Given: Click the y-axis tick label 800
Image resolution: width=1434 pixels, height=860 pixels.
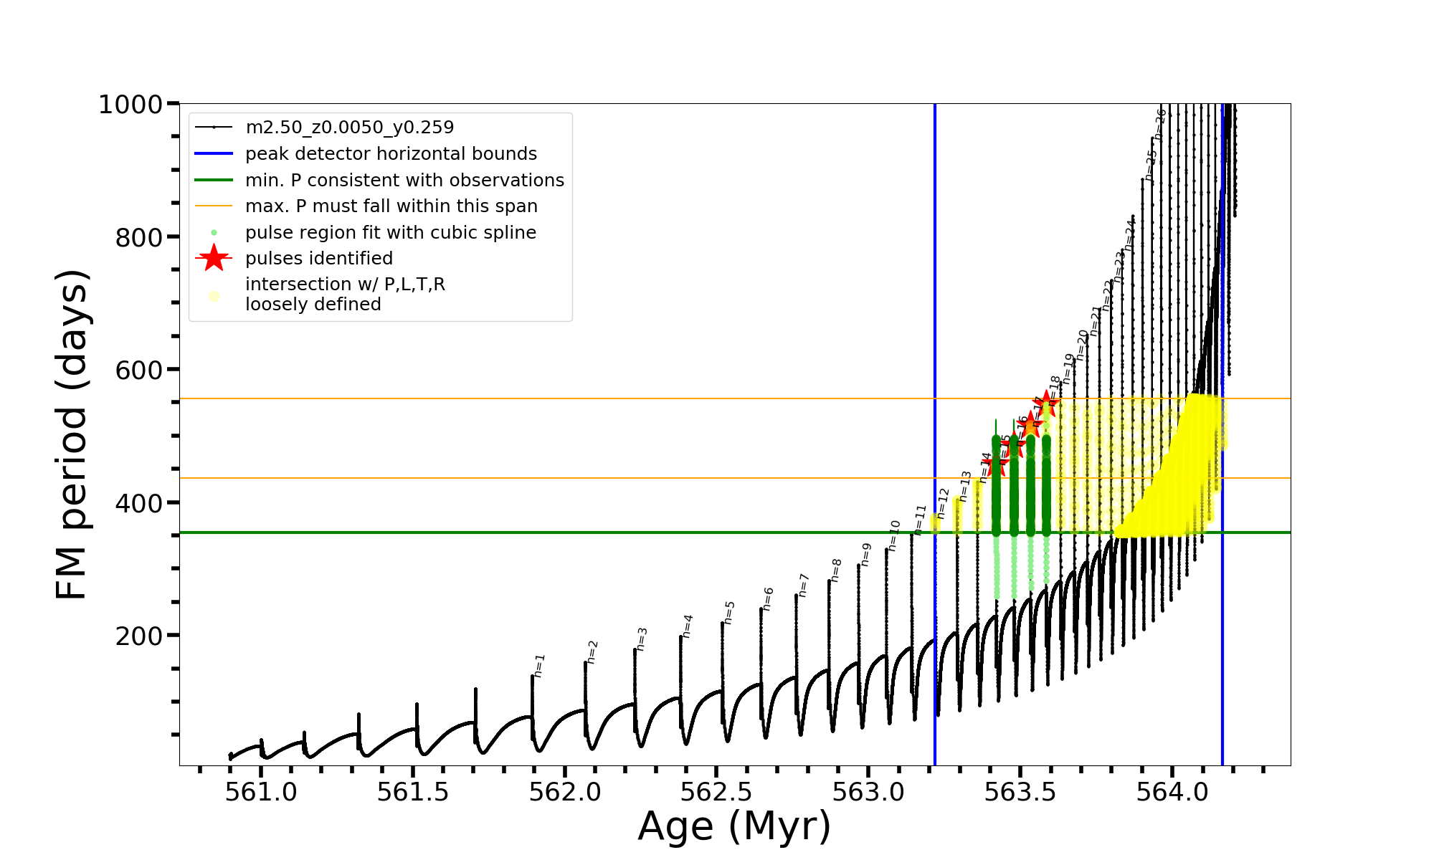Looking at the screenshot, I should pos(139,237).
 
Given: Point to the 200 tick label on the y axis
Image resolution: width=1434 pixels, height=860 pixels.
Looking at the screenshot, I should pos(139,636).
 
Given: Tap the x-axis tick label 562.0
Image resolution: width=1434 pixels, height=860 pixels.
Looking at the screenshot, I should pos(565,792).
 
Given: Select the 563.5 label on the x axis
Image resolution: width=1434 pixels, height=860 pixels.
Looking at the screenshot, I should pos(1020,792).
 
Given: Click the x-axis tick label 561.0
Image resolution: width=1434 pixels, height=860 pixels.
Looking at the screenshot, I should pos(261,792).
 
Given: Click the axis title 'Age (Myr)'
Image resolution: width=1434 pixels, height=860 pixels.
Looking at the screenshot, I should pos(734,826).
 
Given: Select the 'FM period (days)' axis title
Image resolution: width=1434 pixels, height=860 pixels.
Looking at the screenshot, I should pos(72,434).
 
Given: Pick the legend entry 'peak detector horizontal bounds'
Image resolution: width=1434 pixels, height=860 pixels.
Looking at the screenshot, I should pos(391,154).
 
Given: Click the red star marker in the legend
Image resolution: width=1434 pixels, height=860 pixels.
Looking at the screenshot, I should pos(214,258).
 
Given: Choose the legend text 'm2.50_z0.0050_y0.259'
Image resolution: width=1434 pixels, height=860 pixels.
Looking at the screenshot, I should pos(349,128).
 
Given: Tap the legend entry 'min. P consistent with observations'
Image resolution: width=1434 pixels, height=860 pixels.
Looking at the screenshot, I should pos(404,181).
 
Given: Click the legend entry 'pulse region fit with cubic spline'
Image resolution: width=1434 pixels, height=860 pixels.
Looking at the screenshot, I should pos(390,233).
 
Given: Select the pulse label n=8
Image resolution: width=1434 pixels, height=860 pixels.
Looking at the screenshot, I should pos(837,570).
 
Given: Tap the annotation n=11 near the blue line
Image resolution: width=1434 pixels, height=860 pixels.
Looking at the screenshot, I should pos(921,520).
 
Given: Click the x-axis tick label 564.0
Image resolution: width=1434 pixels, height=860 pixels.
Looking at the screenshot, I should pos(1172,792).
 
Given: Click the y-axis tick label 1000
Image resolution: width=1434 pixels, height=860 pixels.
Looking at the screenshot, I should pos(130,105).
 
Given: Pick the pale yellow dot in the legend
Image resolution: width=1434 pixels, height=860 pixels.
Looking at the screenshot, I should pos(214,296).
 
